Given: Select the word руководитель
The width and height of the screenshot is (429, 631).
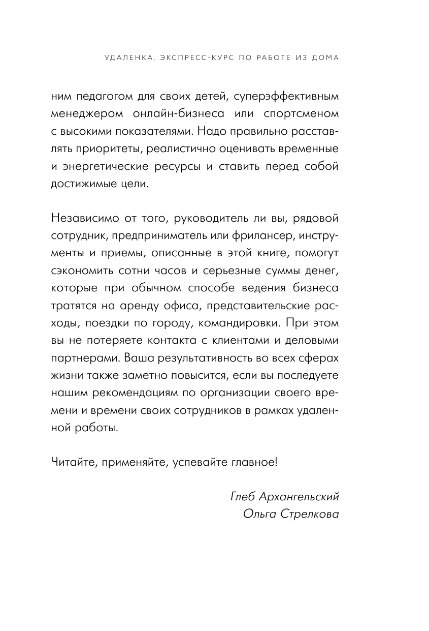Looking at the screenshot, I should pos(215,219).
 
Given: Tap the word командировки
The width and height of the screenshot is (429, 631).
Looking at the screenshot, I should pos(236,324).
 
